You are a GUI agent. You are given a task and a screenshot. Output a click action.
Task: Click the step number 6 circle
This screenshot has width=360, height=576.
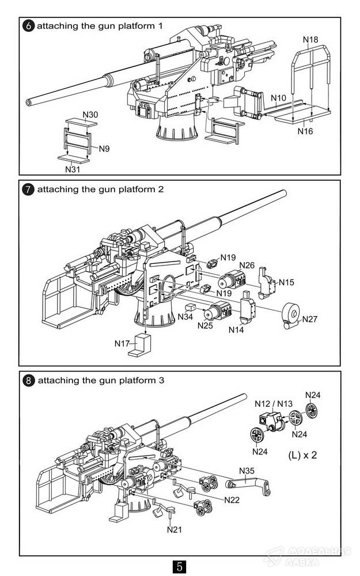click(28, 26)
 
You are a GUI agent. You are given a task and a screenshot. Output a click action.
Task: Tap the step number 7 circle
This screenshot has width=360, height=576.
click(28, 190)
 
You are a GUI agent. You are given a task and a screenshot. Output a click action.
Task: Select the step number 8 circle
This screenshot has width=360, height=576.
click(28, 381)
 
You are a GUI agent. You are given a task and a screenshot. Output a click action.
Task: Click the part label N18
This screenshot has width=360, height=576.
click(310, 40)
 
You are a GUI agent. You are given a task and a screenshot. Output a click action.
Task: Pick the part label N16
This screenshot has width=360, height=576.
click(305, 131)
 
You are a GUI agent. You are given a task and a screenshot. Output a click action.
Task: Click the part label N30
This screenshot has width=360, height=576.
click(90, 115)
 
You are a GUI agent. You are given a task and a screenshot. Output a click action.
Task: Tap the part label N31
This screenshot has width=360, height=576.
click(72, 169)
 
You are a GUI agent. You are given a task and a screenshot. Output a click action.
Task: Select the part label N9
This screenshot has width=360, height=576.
click(104, 149)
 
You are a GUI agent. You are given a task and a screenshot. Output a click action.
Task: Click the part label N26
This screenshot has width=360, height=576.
click(247, 265)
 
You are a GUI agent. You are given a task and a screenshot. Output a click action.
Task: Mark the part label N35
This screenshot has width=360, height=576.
click(247, 471)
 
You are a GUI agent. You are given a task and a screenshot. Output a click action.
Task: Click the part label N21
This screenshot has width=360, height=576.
click(175, 529)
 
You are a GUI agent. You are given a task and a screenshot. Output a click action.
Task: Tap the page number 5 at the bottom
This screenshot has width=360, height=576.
click(180, 566)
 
